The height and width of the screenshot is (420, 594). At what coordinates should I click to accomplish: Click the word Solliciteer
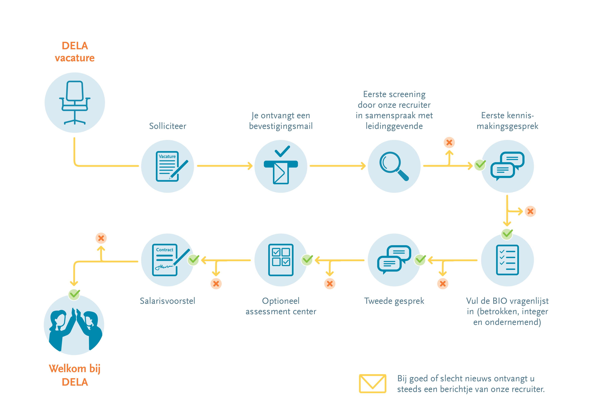(168, 126)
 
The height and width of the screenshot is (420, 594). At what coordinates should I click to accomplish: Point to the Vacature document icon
(168, 166)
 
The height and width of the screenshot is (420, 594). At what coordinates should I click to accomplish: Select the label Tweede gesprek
(394, 301)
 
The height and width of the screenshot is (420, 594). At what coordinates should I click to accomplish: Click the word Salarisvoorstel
(167, 301)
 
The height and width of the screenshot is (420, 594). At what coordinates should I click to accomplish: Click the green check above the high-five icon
(74, 294)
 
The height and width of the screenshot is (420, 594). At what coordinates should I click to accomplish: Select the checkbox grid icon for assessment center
(281, 260)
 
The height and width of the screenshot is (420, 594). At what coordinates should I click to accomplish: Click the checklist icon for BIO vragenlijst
(507, 260)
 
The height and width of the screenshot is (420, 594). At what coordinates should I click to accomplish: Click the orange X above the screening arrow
(449, 143)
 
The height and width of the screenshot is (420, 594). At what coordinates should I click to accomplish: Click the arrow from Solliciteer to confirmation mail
(225, 166)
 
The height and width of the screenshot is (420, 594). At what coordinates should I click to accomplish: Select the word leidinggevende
(394, 126)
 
